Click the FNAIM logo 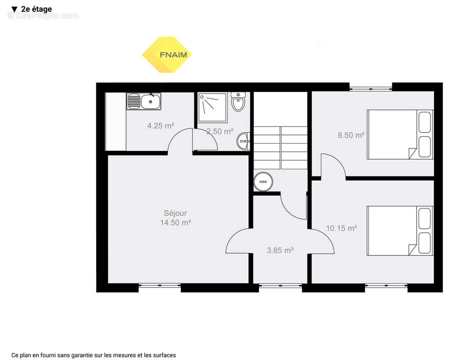[x=167, y=55]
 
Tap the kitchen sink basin [x=151, y=102]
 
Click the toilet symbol [x=238, y=102]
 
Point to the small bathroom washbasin [x=244, y=141]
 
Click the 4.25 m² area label [x=161, y=126]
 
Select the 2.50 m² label [x=220, y=131]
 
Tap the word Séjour [x=175, y=213]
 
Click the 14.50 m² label [x=175, y=222]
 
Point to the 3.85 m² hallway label [x=280, y=251]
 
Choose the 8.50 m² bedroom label [x=351, y=135]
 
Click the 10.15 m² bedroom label [x=341, y=228]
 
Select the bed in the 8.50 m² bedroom [x=400, y=134]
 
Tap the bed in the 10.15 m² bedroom [x=400, y=230]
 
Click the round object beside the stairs [x=263, y=182]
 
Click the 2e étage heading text [x=36, y=9]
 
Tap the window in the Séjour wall [x=159, y=285]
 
